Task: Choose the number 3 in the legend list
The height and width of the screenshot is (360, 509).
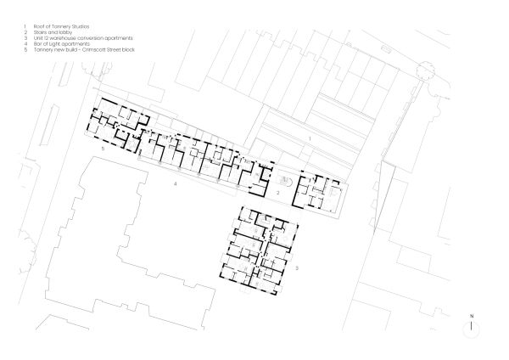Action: (x=25, y=39)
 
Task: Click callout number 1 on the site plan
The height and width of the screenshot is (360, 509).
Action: (x=310, y=138)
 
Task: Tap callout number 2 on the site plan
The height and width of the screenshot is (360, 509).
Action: (x=277, y=194)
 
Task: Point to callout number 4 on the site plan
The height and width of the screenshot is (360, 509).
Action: (x=175, y=183)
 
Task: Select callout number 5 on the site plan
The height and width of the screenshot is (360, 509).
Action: (x=102, y=148)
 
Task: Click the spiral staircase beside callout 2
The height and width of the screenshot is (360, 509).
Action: (x=286, y=181)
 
